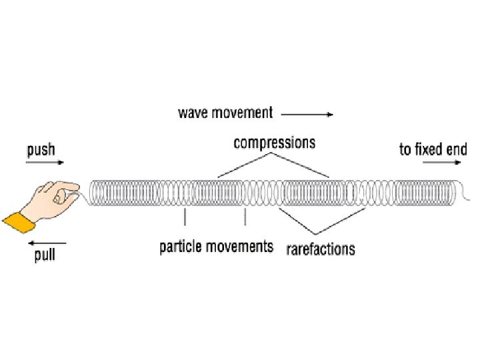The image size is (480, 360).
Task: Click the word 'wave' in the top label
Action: (193, 113)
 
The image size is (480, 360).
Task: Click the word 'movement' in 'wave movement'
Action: (241, 113)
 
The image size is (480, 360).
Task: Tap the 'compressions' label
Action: (274, 143)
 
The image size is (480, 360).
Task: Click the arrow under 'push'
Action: (45, 163)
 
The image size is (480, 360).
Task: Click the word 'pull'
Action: (45, 255)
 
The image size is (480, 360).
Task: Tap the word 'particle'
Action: (180, 247)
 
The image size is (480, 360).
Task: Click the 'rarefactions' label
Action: (321, 250)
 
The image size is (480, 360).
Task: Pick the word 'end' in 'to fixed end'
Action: (457, 149)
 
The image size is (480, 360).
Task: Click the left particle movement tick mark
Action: (185, 217)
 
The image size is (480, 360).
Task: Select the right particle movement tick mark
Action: (246, 217)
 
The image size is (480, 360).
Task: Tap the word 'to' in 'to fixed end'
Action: (405, 149)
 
